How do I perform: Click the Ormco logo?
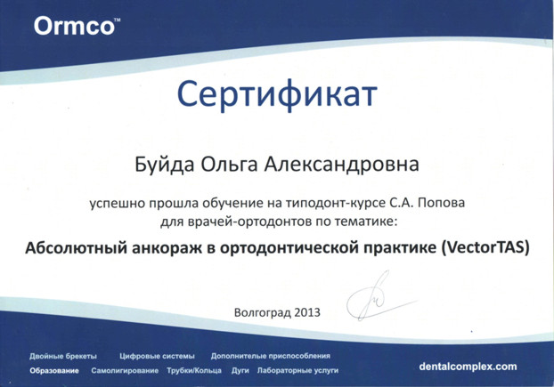click(77, 26)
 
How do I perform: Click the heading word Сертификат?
click(277, 94)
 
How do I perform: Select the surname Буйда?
click(165, 164)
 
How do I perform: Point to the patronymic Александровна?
click(342, 165)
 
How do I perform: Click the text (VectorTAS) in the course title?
click(485, 247)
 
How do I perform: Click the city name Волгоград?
click(263, 312)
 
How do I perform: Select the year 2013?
click(307, 312)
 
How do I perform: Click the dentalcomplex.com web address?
click(468, 367)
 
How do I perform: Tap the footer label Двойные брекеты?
click(63, 357)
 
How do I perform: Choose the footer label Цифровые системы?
click(157, 357)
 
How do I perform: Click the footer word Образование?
click(54, 371)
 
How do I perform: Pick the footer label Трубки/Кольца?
click(194, 371)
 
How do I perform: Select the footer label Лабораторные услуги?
click(297, 371)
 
